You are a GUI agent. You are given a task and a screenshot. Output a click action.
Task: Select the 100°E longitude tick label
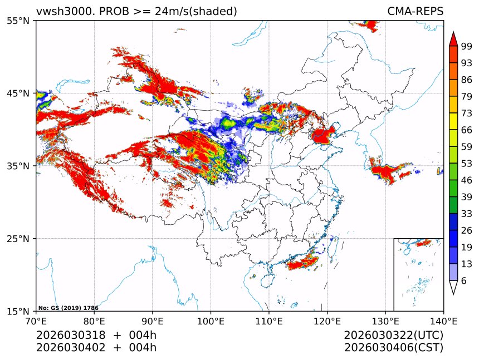coord(211,321)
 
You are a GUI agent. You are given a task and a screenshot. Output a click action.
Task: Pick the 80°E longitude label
coord(94,321)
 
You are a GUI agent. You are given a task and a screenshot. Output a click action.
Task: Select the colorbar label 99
coord(467,46)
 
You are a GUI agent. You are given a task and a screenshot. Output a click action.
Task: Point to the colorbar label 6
coord(464,281)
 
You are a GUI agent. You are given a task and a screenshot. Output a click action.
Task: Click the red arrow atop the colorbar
coord(453,38)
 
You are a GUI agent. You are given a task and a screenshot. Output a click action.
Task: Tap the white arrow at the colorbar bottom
coord(453,287)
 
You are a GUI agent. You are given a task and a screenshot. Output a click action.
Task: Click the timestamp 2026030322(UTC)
coord(393,336)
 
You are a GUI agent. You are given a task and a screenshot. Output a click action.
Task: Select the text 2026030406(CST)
coord(393,348)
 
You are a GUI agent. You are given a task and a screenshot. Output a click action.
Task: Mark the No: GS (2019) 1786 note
coord(68,308)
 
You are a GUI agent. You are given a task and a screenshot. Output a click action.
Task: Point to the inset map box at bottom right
coord(418,274)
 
